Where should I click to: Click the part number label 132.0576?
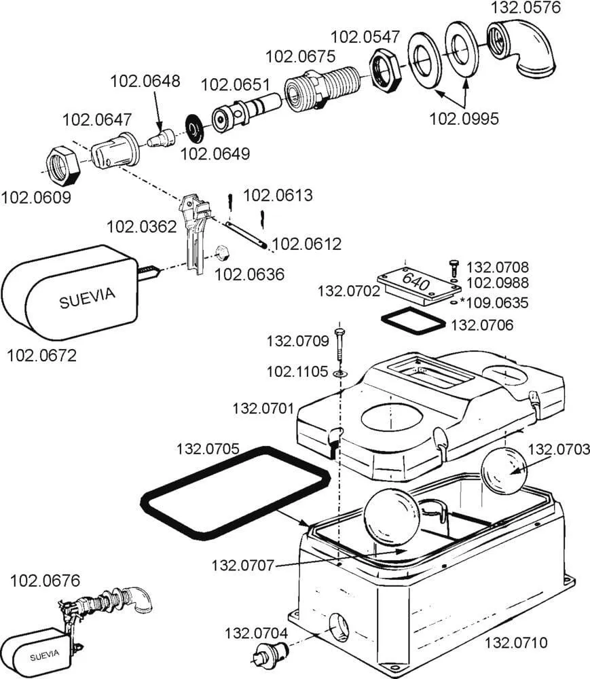click(x=526, y=7)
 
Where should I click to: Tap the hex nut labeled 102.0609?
click(x=63, y=166)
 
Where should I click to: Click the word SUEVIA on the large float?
click(x=88, y=298)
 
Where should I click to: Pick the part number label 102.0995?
click(x=464, y=118)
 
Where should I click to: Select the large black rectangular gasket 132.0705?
click(x=236, y=493)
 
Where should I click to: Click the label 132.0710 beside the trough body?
click(x=516, y=642)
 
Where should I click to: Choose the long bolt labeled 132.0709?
click(x=339, y=345)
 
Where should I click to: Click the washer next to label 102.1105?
click(x=340, y=372)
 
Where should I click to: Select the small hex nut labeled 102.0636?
click(x=222, y=253)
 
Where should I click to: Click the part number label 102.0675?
click(x=300, y=56)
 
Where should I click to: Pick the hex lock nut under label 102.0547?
click(x=386, y=70)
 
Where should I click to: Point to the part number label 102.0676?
click(x=45, y=581)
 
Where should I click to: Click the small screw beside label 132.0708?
click(x=454, y=268)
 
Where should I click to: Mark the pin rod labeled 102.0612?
click(x=244, y=234)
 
